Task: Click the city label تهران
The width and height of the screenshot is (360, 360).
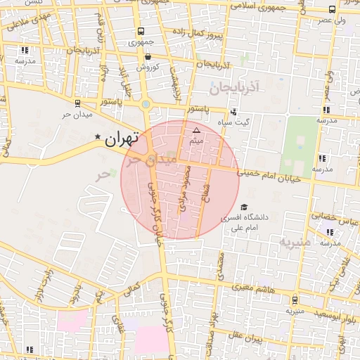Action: point(122,139)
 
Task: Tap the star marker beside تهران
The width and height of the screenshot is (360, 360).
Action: point(98,136)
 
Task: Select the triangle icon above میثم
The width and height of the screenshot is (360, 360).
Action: point(196,131)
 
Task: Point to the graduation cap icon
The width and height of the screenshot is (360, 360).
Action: point(244,207)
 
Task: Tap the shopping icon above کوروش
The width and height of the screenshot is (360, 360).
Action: point(147,57)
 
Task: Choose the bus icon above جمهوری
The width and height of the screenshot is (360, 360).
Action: point(141,32)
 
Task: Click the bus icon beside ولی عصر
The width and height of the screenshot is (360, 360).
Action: point(332,9)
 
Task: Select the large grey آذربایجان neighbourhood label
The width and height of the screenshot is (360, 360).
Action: point(234,87)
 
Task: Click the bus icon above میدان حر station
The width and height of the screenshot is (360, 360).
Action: point(77,103)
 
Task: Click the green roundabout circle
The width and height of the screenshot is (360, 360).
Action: point(146,105)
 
